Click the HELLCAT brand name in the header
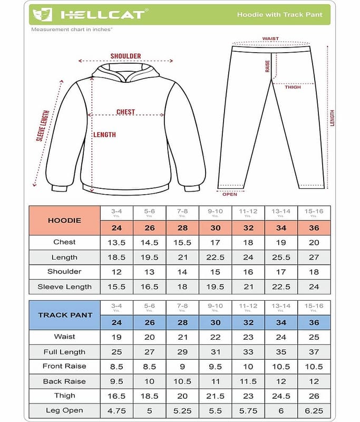[102, 14]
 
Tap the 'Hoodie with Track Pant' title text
[280, 15]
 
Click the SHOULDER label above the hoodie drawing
[125, 56]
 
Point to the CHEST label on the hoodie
[125, 112]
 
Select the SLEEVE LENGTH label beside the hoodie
[43, 126]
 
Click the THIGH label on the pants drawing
[293, 87]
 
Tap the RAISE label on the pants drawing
[268, 66]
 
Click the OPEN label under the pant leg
[230, 194]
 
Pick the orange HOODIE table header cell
[64, 220]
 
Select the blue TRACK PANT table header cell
[65, 315]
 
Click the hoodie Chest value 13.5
[116, 242]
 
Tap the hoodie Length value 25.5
[281, 257]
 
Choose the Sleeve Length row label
[64, 287]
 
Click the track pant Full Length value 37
[314, 352]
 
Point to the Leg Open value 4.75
[116, 411]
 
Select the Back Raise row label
[64, 381]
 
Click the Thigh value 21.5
[215, 396]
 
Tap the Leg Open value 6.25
[314, 411]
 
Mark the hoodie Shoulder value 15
[215, 272]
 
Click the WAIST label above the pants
[270, 39]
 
